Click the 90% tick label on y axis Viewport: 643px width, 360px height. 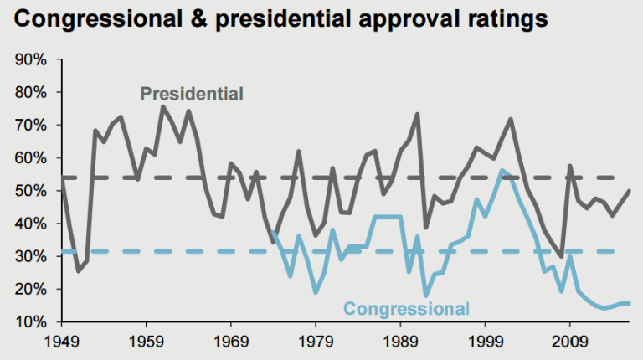30,60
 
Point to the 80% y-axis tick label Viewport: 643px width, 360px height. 30,93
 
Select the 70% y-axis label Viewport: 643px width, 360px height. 30,126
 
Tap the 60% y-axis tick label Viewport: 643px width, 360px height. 30,158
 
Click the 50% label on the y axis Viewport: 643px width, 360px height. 30,191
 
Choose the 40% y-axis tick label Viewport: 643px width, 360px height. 30,224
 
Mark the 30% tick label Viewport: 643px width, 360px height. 30,256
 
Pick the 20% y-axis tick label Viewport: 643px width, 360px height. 30,289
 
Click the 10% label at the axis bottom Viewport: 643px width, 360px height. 30,321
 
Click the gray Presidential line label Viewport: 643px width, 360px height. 192,94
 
